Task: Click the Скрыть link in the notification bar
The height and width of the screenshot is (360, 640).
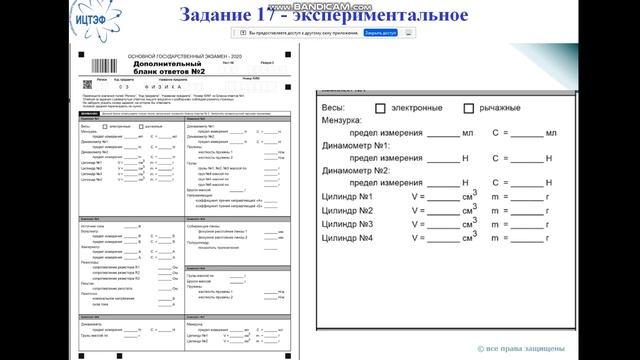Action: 382,32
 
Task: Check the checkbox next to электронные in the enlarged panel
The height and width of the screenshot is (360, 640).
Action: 380,107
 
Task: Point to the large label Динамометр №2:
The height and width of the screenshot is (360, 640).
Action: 357,171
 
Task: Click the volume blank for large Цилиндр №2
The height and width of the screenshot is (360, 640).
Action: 443,212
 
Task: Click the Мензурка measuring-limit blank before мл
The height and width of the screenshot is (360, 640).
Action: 443,134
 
